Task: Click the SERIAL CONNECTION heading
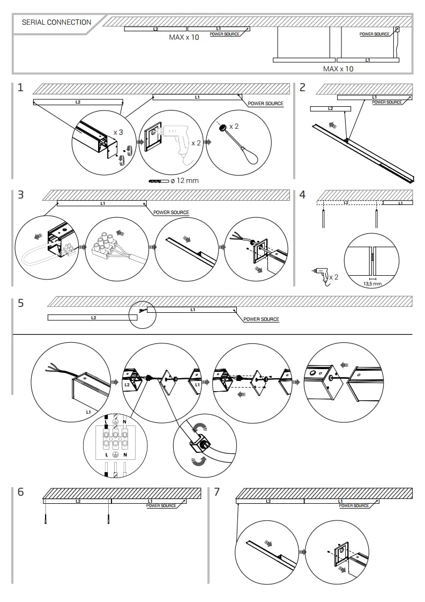pyautogui.click(x=56, y=23)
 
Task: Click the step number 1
pyautogui.click(x=20, y=87)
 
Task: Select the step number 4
pyautogui.click(x=302, y=194)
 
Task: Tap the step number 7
pyautogui.click(x=217, y=491)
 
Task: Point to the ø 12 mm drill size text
pyautogui.click(x=184, y=180)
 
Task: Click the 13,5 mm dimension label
pyautogui.click(x=372, y=283)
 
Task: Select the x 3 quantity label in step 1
pyautogui.click(x=118, y=131)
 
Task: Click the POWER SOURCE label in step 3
pyautogui.click(x=171, y=212)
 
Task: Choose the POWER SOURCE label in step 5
pyautogui.click(x=261, y=319)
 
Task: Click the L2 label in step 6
pyautogui.click(x=78, y=501)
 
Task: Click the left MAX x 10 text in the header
pyautogui.click(x=184, y=38)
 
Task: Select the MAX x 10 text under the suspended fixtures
pyautogui.click(x=338, y=69)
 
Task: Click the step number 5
pyautogui.click(x=20, y=303)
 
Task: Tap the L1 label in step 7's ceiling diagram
pyautogui.click(x=341, y=501)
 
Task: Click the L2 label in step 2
pyautogui.click(x=330, y=108)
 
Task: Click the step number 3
pyautogui.click(x=20, y=194)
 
